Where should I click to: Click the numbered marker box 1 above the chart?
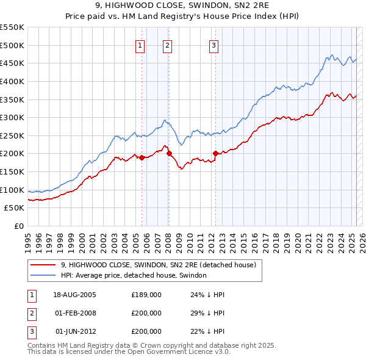140,45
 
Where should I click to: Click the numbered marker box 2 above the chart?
167,45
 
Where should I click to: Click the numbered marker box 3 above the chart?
214,45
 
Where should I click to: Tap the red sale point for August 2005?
142,157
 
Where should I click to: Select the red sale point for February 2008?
169,153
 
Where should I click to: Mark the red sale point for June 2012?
215,153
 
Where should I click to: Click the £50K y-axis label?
15,208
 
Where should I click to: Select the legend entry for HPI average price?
134,276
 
